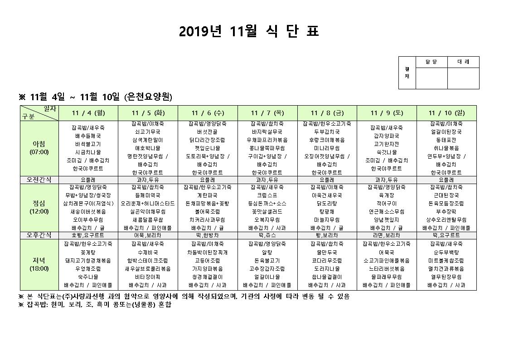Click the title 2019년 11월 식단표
249,31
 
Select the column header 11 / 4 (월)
88,113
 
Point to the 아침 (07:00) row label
39,148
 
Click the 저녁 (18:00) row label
39,264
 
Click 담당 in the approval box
431,62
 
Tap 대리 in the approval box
463,62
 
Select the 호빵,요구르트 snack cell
88,235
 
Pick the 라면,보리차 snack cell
386,235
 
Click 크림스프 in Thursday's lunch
267,195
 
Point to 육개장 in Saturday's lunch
386,195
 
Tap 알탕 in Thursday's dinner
267,252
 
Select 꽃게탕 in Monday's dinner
88,252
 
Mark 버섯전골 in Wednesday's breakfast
208,132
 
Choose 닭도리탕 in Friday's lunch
327,203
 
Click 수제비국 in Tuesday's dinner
148,252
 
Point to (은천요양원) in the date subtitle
148,97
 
